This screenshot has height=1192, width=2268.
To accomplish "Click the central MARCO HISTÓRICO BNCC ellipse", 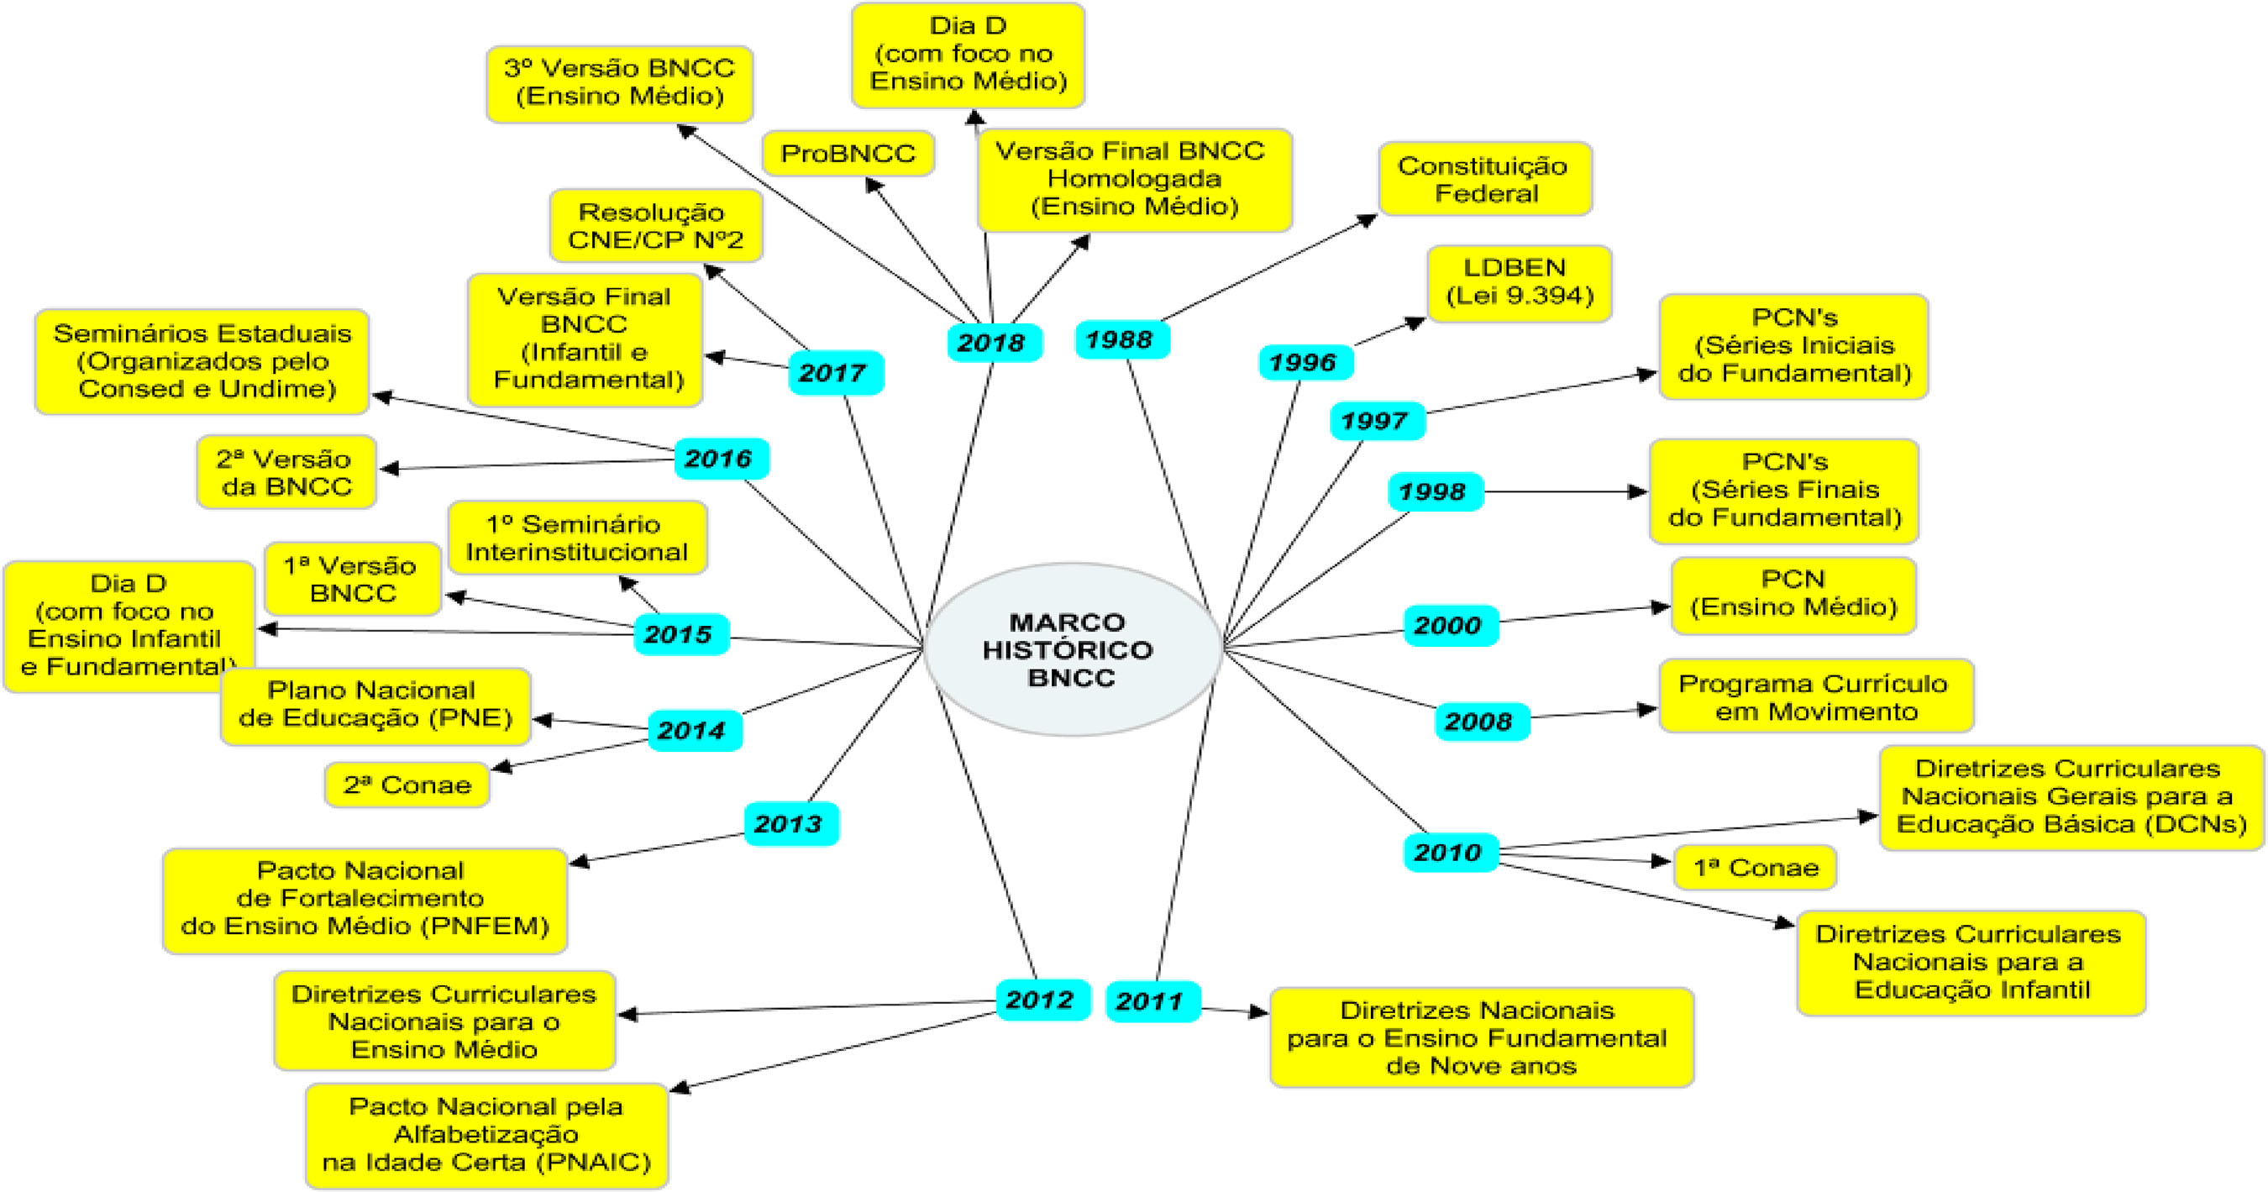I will pyautogui.click(x=1072, y=649).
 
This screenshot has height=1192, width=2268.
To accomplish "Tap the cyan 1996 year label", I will pyautogui.click(x=1305, y=362).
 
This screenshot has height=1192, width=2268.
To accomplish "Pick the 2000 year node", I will pyautogui.click(x=1450, y=626).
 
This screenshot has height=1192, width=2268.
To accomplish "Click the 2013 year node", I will pyautogui.click(x=790, y=824).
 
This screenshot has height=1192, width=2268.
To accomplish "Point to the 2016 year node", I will pyautogui.click(x=720, y=459).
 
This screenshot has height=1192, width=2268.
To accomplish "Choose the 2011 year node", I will pyautogui.click(x=1152, y=1001).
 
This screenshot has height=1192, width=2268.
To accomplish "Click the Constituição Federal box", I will pyautogui.click(x=1484, y=180).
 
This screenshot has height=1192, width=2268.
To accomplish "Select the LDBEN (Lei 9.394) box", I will pyautogui.click(x=1519, y=282).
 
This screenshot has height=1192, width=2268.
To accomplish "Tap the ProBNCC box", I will pyautogui.click(x=847, y=154).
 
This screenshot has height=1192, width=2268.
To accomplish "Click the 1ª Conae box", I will pyautogui.click(x=1755, y=868).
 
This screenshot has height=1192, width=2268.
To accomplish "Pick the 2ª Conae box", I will pyautogui.click(x=407, y=785).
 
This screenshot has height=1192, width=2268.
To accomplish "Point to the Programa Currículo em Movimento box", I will pyautogui.click(x=1814, y=696).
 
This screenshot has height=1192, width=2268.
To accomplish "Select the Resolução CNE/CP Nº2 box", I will pyautogui.click(x=655, y=225).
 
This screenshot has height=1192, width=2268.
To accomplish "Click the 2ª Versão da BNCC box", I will pyautogui.click(x=286, y=473).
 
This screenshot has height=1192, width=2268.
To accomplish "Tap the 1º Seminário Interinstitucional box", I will pyautogui.click(x=577, y=538).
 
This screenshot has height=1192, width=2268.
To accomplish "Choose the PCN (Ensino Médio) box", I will pyautogui.click(x=1793, y=594).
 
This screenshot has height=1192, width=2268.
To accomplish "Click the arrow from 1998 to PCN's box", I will pyautogui.click(x=1563, y=492).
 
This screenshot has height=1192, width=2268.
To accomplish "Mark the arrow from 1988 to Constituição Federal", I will pyautogui.click(x=1268, y=269).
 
